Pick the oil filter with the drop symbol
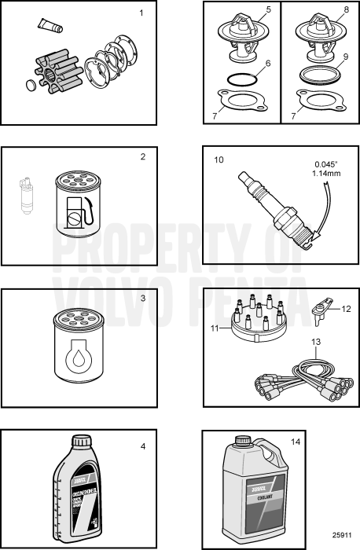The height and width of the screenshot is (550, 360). coord(77,343)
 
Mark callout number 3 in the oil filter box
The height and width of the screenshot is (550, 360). coord(142,299)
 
